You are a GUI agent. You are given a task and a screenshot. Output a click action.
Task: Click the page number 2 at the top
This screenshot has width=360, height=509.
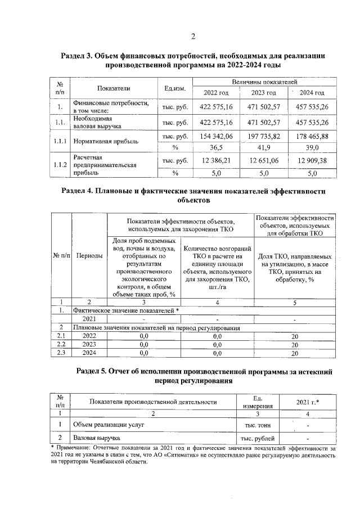[x=192, y=37]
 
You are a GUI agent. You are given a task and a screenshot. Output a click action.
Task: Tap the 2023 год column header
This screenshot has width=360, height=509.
[x=263, y=93]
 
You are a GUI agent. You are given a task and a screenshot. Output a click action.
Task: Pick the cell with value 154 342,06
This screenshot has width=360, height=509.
[x=217, y=136]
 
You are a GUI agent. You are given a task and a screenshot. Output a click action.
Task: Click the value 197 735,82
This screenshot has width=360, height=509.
[x=263, y=136]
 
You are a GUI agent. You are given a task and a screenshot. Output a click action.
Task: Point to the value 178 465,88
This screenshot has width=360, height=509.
[x=312, y=136]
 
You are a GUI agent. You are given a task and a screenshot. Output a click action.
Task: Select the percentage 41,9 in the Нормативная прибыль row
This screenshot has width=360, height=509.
[x=263, y=147]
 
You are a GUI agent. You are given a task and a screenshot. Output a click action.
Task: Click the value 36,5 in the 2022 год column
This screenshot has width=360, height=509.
[x=217, y=147]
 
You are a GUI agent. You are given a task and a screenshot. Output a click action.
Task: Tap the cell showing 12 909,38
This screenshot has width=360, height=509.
[x=312, y=161]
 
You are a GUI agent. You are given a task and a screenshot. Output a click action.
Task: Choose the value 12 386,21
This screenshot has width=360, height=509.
[x=217, y=161]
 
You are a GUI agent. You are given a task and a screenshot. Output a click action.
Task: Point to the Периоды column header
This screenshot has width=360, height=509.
[x=89, y=256]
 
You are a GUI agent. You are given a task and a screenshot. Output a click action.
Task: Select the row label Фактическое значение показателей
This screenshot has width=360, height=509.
[x=124, y=310]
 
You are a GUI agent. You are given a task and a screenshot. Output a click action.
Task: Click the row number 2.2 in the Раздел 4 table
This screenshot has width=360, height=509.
[x=62, y=344]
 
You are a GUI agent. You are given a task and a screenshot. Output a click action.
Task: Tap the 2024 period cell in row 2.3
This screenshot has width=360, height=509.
[x=89, y=353]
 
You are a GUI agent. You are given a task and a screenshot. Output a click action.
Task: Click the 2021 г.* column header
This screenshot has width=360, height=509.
[x=308, y=402]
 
